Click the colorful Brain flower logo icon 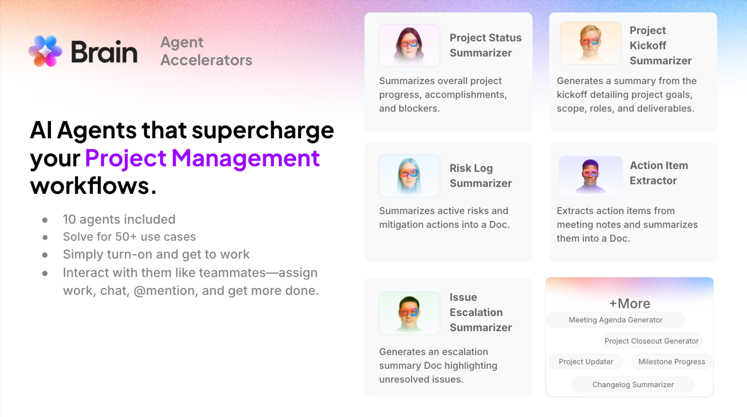45,51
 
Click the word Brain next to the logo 104,51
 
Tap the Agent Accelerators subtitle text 206,51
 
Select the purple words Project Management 202,158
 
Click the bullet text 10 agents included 119,220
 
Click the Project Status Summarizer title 485,45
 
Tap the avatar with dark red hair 409,45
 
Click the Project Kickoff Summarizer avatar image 590,43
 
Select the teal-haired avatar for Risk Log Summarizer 409,175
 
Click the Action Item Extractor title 658,173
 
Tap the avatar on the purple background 590,175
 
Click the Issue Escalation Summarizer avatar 409,313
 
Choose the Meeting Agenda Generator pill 615,320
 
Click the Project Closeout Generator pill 651,341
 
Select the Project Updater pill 586,361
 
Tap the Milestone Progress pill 671,361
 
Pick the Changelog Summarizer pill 633,384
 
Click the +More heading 629,304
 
